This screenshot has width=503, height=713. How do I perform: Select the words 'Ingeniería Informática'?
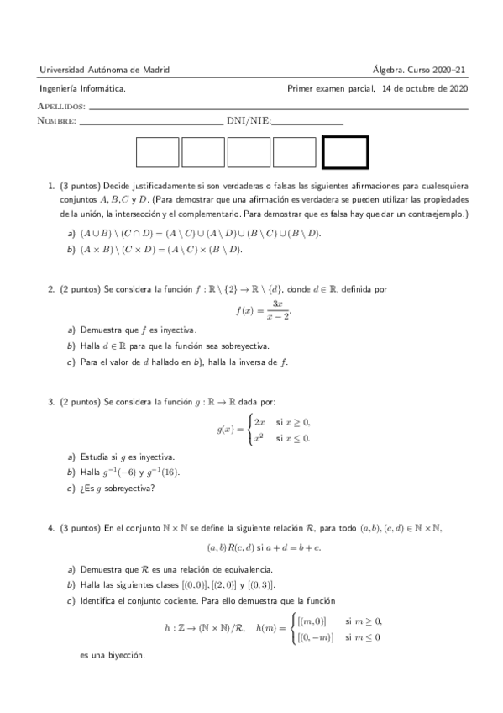pyautogui.click(x=83, y=87)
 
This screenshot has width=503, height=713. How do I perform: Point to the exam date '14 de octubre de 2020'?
pyautogui.click(x=424, y=87)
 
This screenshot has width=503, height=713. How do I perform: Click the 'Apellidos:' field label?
pyautogui.click(x=62, y=107)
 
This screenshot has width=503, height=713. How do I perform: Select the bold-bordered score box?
pyautogui.click(x=345, y=152)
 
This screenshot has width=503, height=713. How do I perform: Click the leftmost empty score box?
pyautogui.click(x=157, y=152)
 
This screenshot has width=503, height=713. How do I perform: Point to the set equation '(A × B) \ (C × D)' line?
pyautogui.click(x=160, y=250)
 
